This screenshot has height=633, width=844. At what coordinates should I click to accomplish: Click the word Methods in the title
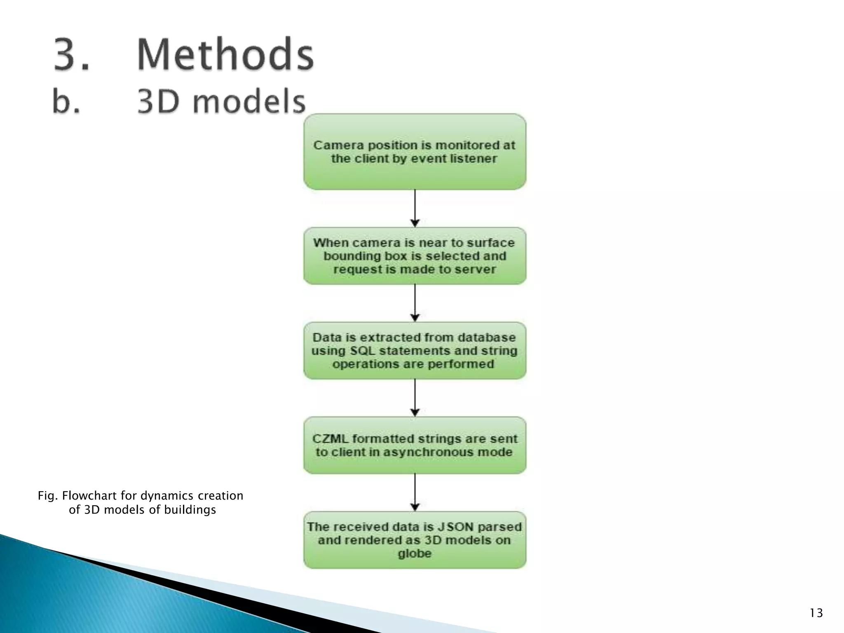coord(225,54)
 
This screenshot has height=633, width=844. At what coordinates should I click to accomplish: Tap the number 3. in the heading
coord(71,54)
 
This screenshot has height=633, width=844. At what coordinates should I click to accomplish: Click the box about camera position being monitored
coord(415,152)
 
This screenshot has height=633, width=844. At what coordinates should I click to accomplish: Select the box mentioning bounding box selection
coord(415,256)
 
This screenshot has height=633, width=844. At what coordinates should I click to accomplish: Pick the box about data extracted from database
coord(415,351)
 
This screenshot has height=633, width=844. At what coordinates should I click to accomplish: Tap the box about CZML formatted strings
coord(415,445)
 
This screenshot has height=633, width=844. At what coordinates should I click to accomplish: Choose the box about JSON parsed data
coord(415,540)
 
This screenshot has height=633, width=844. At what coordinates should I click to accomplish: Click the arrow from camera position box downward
coord(415,208)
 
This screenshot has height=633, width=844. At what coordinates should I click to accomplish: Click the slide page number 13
coord(816,613)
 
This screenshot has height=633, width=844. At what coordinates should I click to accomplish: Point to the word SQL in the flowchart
coord(363,351)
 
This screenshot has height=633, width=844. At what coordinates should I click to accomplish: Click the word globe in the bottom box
coord(415,553)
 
